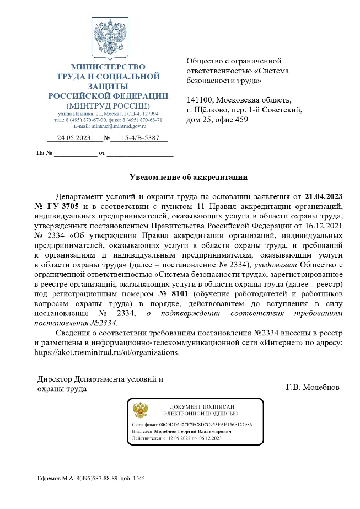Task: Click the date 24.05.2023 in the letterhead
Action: (x=73, y=138)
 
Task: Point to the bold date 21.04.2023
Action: (x=327, y=196)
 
